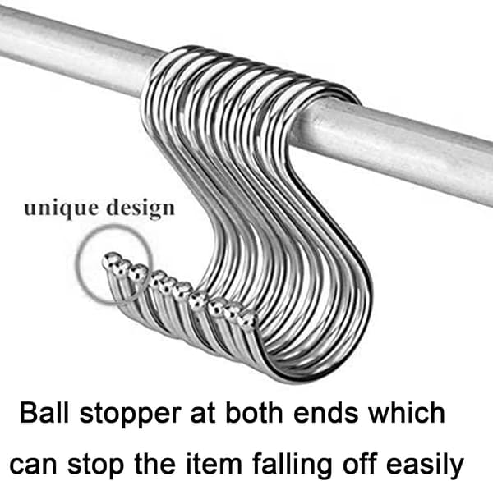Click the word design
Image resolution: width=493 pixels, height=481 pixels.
coord(141,208)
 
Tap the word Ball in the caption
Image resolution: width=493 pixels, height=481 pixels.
coord(44,412)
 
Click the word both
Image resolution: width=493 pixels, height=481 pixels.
coord(254,412)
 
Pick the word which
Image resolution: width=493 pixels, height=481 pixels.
coord(407,412)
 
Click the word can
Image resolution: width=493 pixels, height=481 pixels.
coord(34,464)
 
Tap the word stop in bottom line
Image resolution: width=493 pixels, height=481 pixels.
coord(95,465)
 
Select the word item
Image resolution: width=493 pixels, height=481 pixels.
coord(214,463)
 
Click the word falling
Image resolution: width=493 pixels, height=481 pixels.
coord(292,465)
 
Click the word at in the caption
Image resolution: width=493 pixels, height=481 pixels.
coord(203,413)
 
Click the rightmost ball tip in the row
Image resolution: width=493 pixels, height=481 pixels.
coord(248,318)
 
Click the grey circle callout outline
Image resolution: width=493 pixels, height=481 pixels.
coord(78,264)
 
